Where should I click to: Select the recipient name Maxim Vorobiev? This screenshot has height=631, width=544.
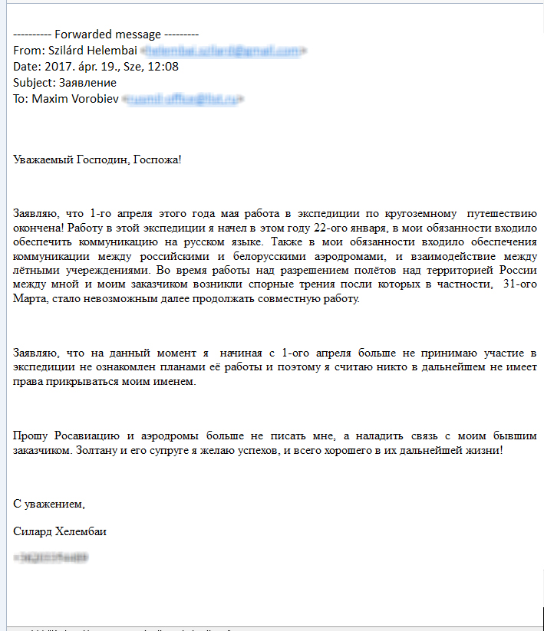pos(75,99)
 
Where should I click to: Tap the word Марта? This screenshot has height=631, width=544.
pos(31,299)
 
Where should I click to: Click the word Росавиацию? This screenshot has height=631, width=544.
pos(84,436)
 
